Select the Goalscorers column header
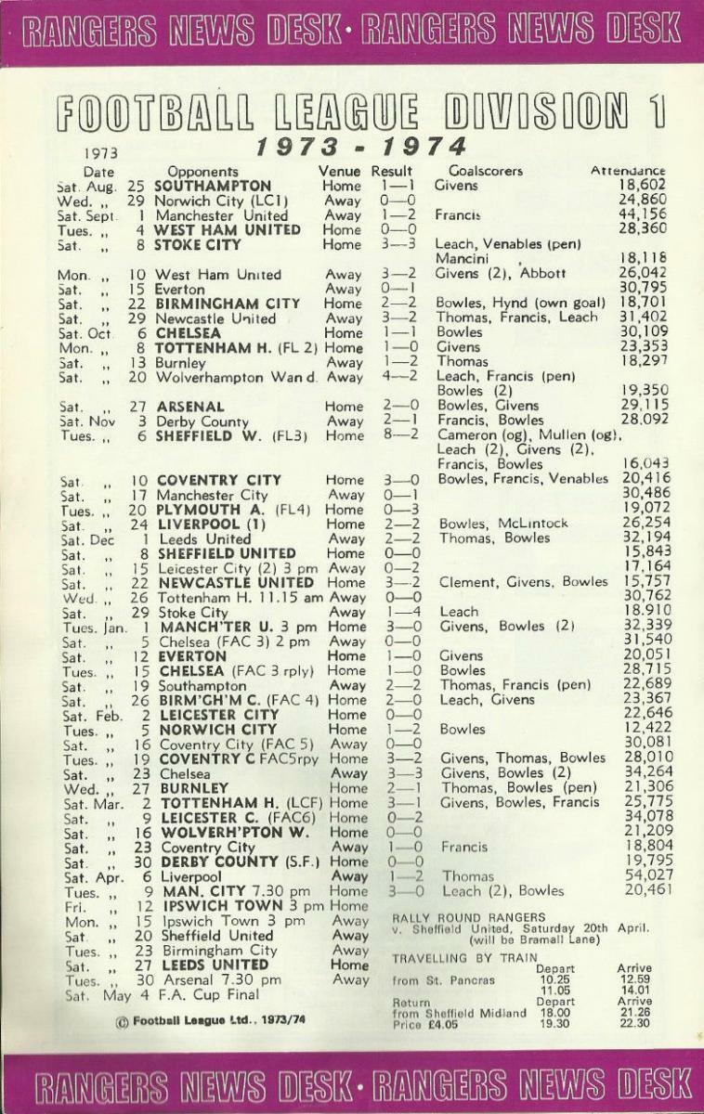coord(486,171)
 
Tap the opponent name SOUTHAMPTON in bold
coord(213,186)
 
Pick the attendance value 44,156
coord(643,215)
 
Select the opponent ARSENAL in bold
coord(190,406)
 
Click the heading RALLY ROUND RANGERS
coord(469,917)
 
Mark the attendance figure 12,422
coord(643,730)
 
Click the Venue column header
coord(339,171)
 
